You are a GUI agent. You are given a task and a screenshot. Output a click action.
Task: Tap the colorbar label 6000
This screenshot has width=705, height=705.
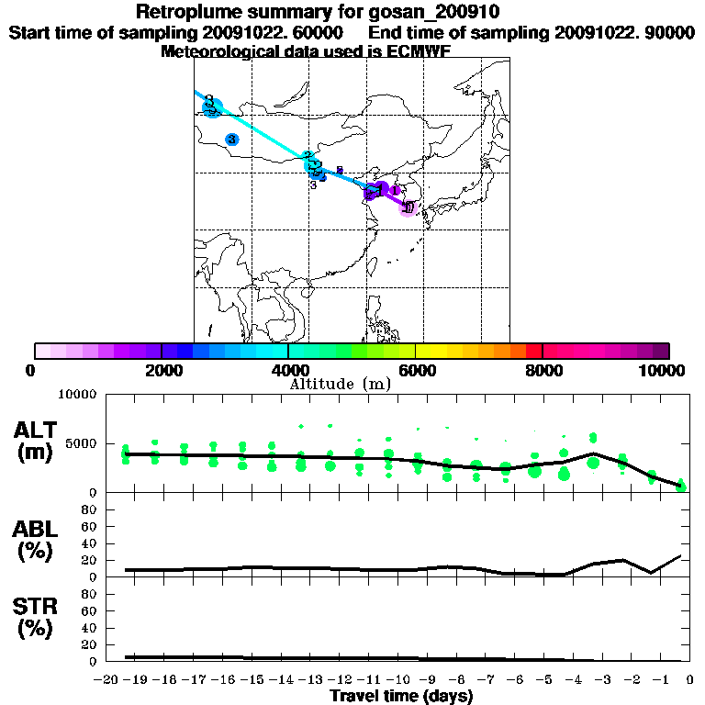coord(415,370)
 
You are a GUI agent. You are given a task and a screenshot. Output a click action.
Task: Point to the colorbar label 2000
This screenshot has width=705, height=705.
coord(161,370)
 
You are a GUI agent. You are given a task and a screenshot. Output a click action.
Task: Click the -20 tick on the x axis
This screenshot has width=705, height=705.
coord(108,680)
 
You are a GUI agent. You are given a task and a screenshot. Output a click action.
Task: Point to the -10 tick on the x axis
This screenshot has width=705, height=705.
coord(398,680)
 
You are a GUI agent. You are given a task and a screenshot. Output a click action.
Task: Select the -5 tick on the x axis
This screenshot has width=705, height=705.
coord(544,680)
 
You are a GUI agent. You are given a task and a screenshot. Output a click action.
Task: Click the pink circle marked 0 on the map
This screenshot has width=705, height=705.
coord(408,208)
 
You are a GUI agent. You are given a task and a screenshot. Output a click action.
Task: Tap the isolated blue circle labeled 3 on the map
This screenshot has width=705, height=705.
coord(231,140)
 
